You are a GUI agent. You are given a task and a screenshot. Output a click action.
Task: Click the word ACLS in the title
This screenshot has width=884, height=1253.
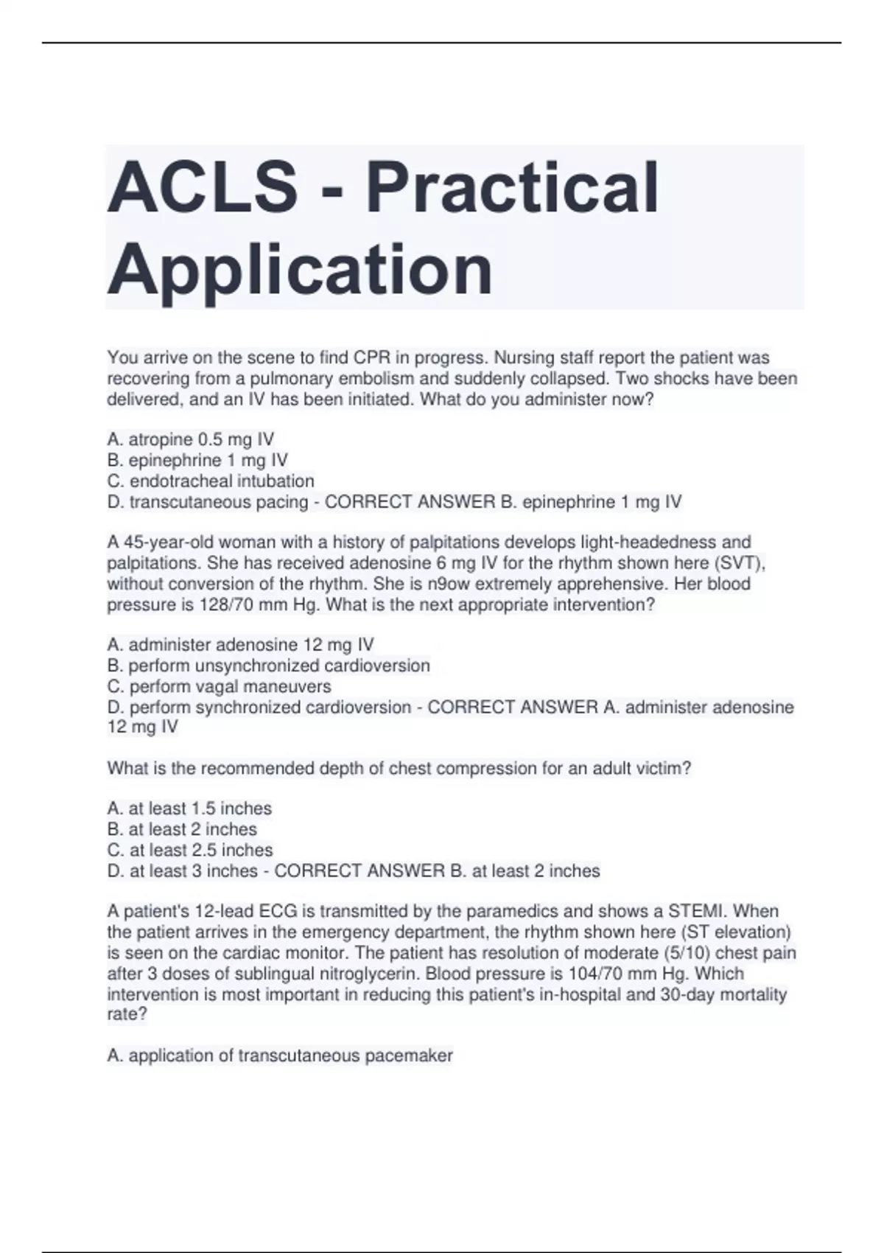tap(203, 188)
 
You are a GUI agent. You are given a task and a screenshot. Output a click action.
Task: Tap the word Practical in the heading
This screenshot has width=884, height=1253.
tap(512, 188)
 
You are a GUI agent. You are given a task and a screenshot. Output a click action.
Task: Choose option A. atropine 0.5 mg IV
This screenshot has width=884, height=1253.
tap(191, 440)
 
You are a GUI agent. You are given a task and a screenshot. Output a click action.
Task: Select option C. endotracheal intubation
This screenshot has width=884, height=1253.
tap(211, 481)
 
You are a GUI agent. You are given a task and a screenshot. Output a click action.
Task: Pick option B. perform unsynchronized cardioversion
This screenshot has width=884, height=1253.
tap(269, 666)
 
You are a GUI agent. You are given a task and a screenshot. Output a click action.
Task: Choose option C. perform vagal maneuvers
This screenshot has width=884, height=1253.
tap(220, 686)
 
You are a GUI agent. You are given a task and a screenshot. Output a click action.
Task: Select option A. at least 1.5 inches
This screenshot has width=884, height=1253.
tap(190, 809)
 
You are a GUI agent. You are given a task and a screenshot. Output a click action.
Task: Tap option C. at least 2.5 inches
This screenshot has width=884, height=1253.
tap(190, 850)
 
